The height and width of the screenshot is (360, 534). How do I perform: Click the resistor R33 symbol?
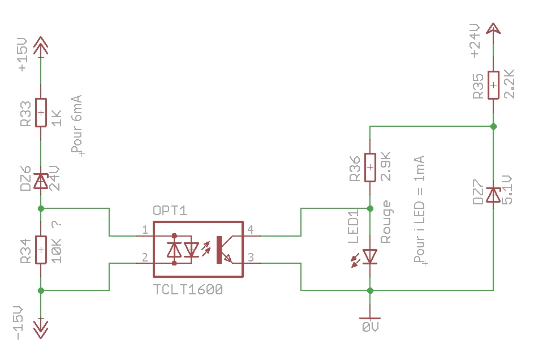pos(40,113)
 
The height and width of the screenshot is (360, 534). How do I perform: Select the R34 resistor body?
pos(40,250)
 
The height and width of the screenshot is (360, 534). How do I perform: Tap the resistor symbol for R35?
pos(493,85)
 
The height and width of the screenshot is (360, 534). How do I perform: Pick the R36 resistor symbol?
pos(369,168)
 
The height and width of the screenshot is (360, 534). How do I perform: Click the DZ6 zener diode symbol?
pos(40,181)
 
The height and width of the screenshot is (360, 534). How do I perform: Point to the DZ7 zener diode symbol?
pos(493,195)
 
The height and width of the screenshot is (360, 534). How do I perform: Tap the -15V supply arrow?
pos(40,328)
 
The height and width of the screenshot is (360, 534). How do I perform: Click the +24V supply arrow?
pos(493,29)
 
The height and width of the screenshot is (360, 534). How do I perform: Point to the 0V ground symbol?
pos(369,319)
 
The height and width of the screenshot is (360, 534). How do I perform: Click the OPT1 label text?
pos(170,211)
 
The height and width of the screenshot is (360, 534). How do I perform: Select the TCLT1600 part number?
pos(188,289)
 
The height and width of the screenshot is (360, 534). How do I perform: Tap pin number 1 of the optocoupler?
pos(145,230)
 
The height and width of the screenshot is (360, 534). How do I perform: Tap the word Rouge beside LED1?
pos(386,222)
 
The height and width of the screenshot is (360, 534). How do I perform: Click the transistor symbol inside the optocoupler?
pos(224,249)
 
